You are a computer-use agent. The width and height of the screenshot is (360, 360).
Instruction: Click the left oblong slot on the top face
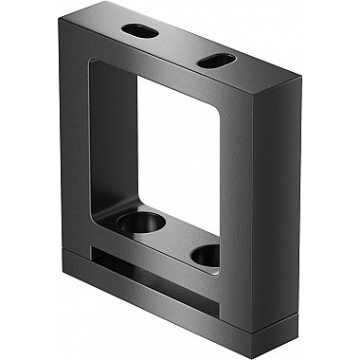pos(140,30)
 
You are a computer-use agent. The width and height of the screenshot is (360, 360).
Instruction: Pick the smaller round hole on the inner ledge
pos(205,254)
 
